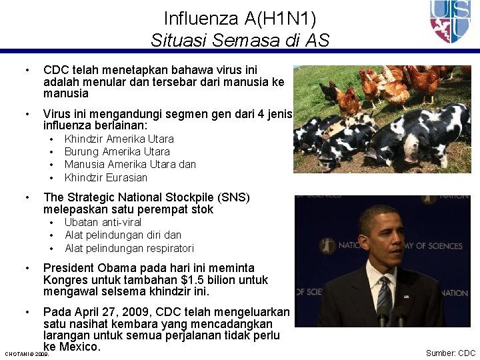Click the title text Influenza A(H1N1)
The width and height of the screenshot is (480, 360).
pos(240,18)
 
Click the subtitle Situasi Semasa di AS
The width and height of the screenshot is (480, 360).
pos(240,40)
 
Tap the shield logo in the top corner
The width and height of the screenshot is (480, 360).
pos(450,21)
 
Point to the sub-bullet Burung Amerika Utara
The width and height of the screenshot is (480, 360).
pos(117,152)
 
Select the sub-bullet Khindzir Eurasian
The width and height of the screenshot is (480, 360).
pos(106,177)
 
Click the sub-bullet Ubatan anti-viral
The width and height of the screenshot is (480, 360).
pos(103,222)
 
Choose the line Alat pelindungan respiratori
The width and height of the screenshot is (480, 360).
pos(129,248)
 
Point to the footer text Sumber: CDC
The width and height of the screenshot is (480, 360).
pos(451,353)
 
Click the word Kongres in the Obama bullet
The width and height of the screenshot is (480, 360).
pos(65,280)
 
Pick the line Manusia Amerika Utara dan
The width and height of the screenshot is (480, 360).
pos(130,165)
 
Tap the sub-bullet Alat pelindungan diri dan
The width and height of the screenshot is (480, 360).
pos(123,235)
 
